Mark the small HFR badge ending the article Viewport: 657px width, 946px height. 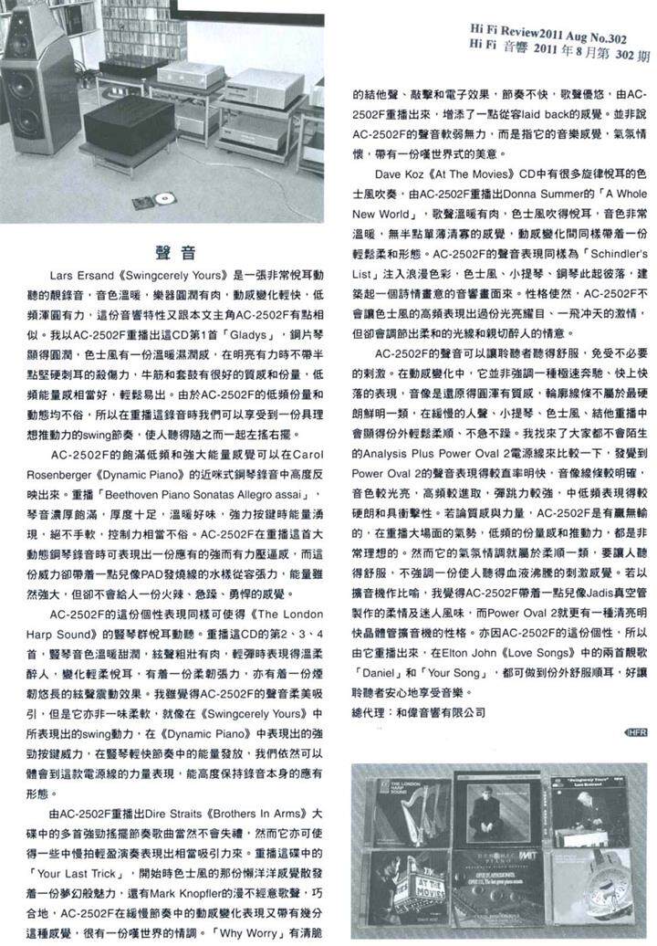(x=635, y=731)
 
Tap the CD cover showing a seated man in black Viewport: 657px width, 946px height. (x=497, y=810)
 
